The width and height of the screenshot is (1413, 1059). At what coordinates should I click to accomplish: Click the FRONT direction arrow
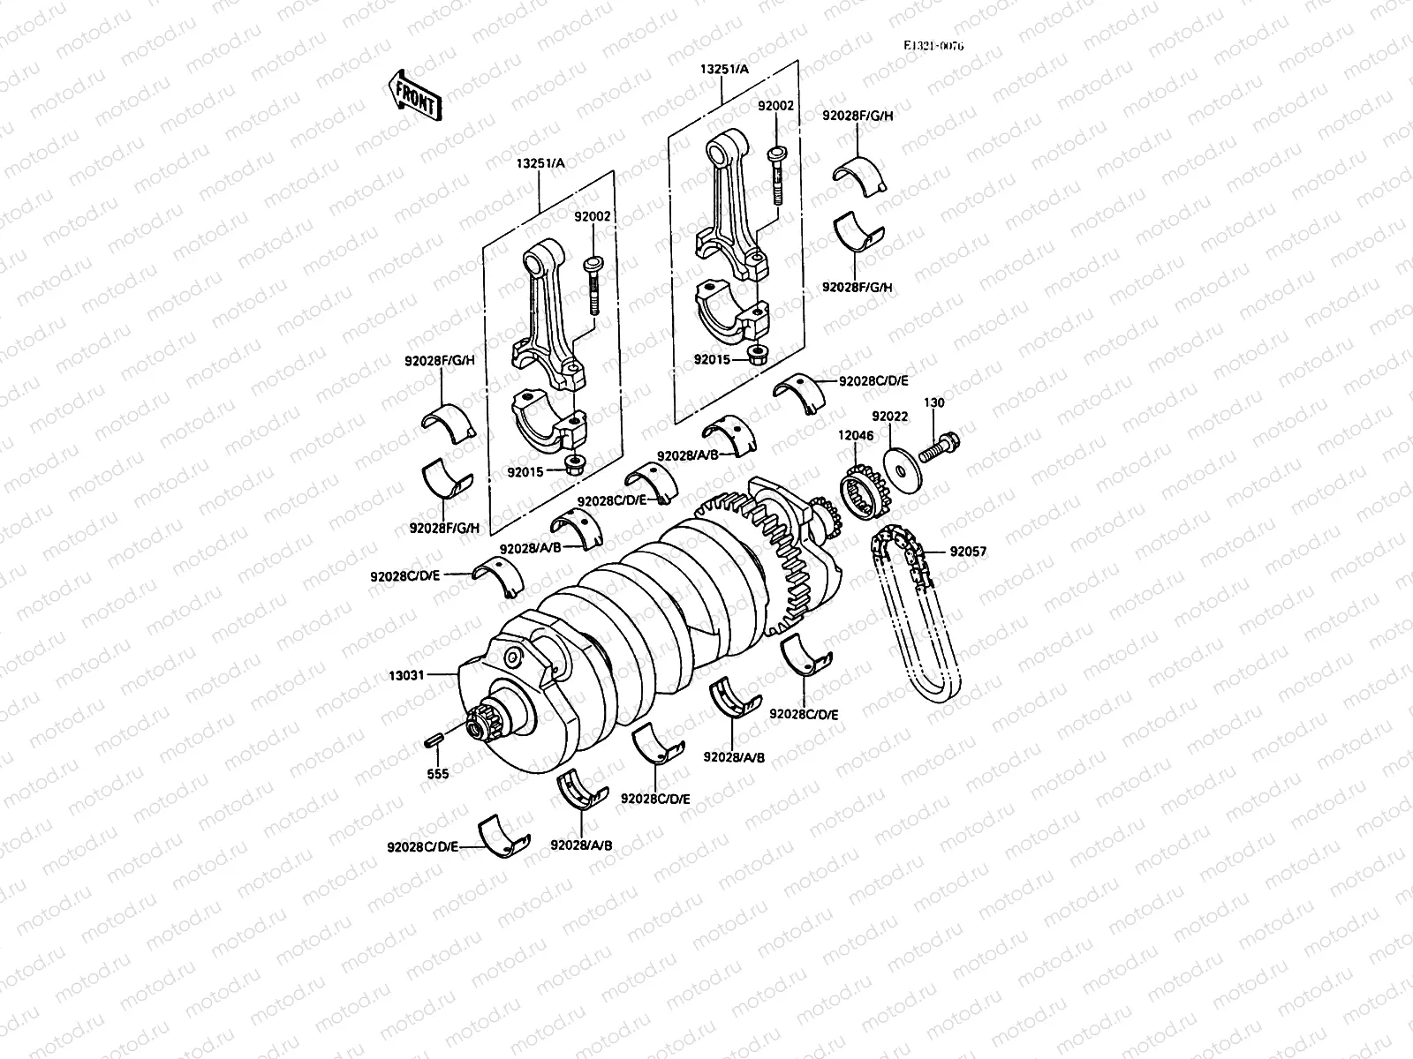click(x=412, y=94)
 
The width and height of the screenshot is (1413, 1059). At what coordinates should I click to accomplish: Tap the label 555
click(x=437, y=774)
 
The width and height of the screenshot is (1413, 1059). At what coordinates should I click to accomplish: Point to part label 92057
click(x=968, y=552)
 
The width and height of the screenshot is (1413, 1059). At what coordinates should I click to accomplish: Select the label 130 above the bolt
click(x=933, y=402)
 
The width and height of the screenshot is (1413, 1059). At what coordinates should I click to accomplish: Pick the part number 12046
click(x=855, y=435)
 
